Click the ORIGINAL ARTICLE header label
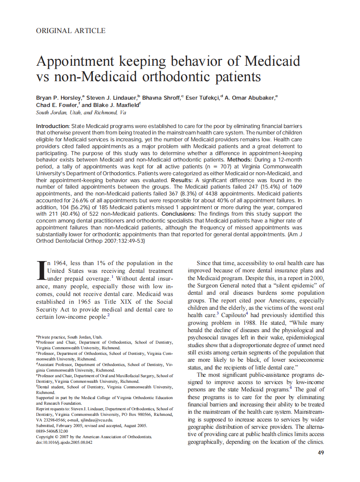70,31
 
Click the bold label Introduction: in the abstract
53,126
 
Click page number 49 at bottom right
320,452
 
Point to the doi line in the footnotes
64,442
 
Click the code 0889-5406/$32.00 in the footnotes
52,431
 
